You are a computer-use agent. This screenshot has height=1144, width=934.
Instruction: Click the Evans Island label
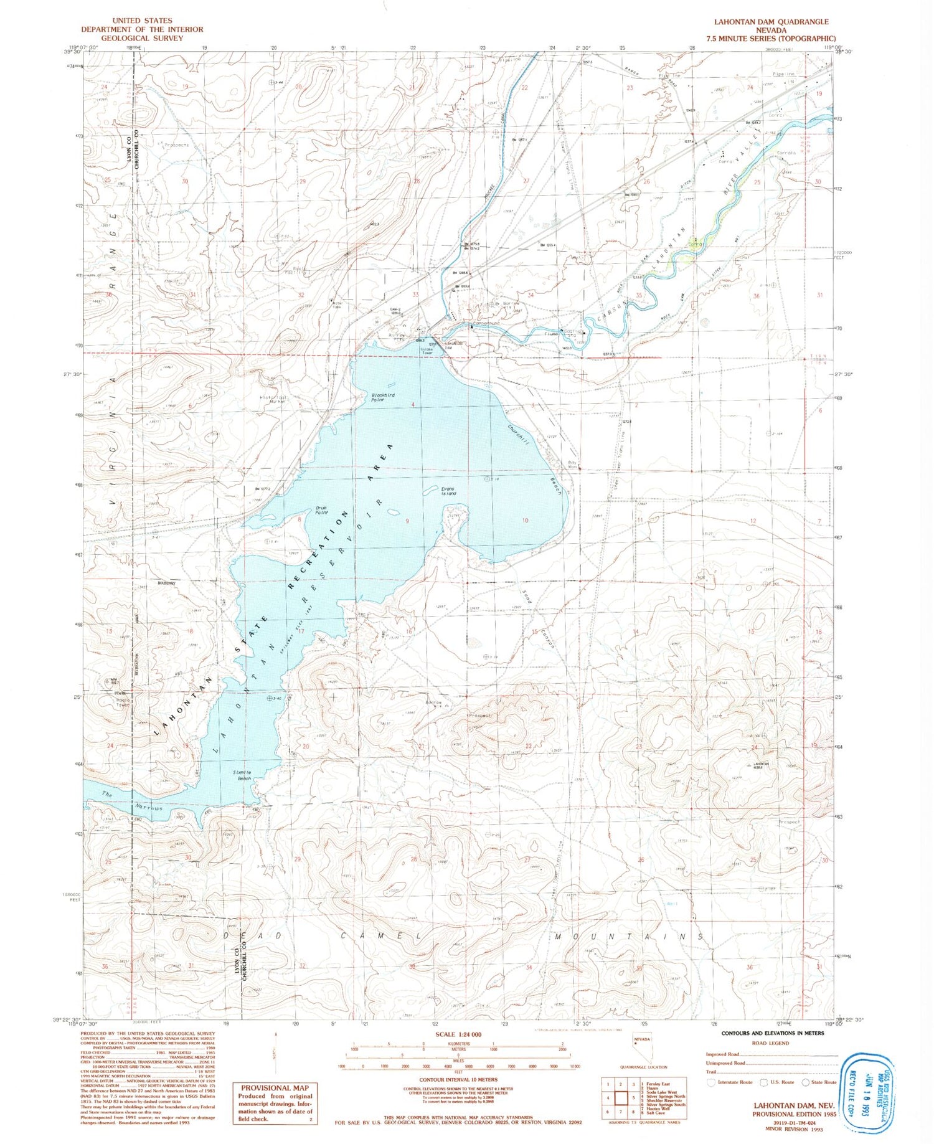coord(448,491)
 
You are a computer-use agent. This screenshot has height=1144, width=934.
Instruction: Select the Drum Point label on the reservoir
coord(322,511)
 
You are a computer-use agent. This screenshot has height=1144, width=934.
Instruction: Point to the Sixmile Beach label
coord(242,775)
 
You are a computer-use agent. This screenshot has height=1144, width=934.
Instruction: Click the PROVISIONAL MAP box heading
coord(275,1088)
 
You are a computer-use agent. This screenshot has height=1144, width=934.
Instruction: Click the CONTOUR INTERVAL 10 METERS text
coord(458,1080)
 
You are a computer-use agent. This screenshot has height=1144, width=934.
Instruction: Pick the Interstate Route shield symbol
coord(711,1082)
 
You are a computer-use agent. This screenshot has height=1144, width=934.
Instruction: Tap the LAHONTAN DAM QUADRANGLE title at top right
coord(771,22)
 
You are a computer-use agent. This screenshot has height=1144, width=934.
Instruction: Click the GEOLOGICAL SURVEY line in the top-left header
coord(142,38)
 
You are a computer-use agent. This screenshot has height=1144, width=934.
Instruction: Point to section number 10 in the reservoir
coord(525,521)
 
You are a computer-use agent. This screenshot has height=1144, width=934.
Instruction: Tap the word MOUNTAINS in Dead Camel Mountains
coord(630,936)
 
